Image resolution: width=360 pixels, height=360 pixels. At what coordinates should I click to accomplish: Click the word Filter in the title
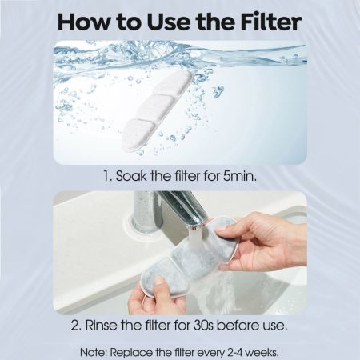pos(271,22)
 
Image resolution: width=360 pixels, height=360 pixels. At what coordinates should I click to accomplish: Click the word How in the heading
pos(83,22)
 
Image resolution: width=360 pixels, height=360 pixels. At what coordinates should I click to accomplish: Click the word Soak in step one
pos(130,176)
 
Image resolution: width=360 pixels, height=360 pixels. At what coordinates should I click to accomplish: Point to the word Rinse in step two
pos(102,326)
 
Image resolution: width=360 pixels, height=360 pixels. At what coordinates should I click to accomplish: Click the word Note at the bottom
pos(94,353)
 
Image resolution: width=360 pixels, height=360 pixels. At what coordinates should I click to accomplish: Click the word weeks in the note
pos(262,353)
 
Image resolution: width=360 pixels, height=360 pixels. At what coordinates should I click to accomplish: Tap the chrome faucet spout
pos(186,210)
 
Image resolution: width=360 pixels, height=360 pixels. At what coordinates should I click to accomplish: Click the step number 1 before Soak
pos(107,176)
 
